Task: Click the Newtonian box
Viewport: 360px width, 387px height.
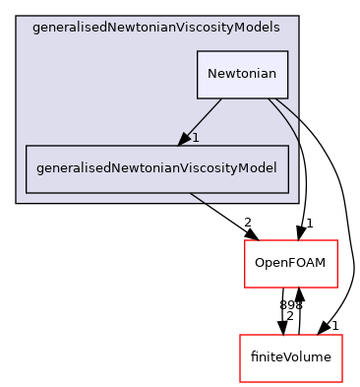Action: (242, 75)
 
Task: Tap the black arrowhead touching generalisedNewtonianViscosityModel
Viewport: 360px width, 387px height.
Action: (184, 139)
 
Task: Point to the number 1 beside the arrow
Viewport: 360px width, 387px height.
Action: (196, 138)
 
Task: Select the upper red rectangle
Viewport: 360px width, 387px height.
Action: (291, 264)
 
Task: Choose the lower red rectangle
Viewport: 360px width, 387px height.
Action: (291, 358)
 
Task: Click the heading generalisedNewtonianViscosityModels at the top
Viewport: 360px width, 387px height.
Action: (155, 28)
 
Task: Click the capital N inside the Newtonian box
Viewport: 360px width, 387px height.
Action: (211, 75)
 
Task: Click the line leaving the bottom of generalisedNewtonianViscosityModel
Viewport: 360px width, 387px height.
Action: (196, 199)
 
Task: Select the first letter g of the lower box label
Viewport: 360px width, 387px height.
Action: (39, 169)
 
